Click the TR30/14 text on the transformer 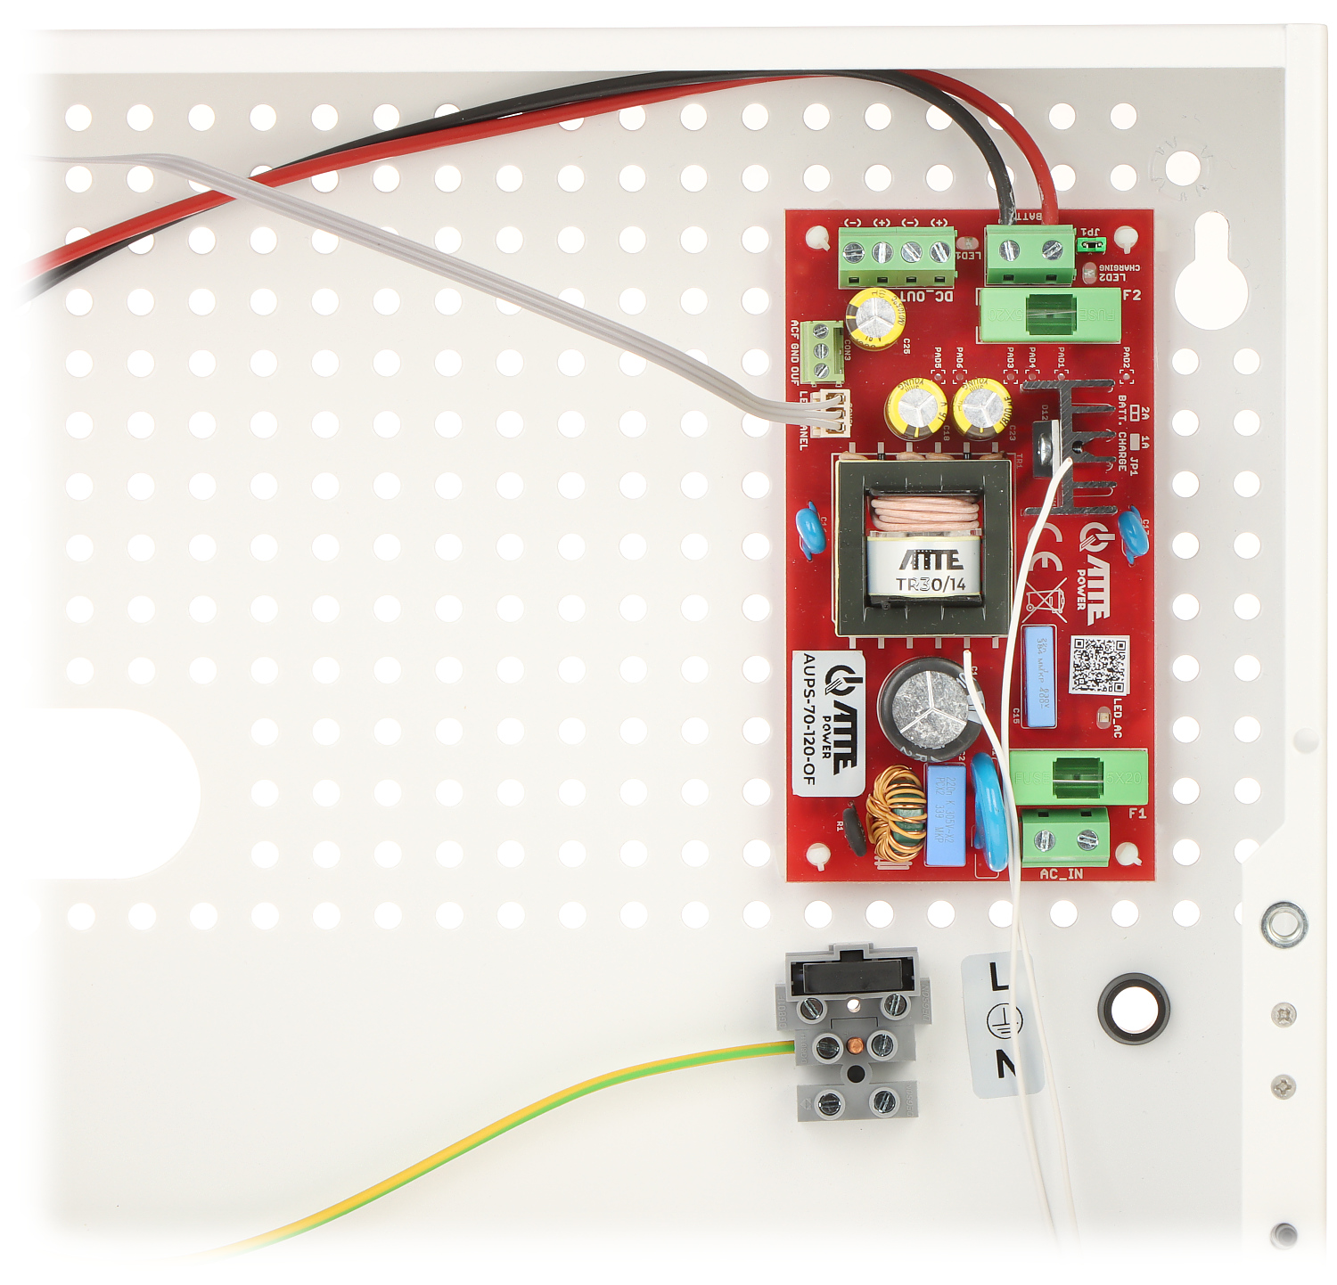[931, 585]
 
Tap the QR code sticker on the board [1098, 665]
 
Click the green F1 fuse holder [1078, 778]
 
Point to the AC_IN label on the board [1061, 874]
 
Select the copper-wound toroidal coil [896, 815]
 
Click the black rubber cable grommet [1133, 1008]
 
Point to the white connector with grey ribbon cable [834, 413]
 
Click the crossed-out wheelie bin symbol [1046, 602]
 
